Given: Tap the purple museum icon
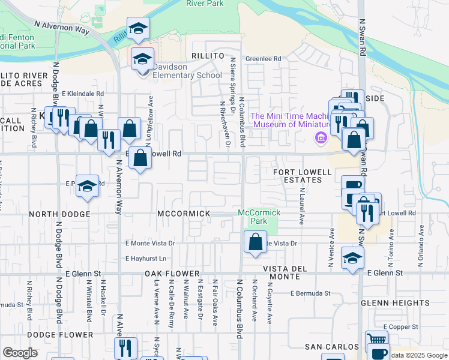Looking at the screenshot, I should pyautogui.click(x=321, y=139).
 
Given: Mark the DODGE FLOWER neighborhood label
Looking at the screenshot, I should pyautogui.click(x=59, y=335).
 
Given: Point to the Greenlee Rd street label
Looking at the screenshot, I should pyautogui.click(x=264, y=59).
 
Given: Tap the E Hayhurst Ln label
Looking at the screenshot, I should pyautogui.click(x=146, y=259).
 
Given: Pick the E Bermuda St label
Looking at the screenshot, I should pyautogui.click(x=310, y=293).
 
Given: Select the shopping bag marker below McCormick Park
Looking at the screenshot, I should pyautogui.click(x=255, y=242).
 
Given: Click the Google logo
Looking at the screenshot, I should pyautogui.click(x=20, y=353).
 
